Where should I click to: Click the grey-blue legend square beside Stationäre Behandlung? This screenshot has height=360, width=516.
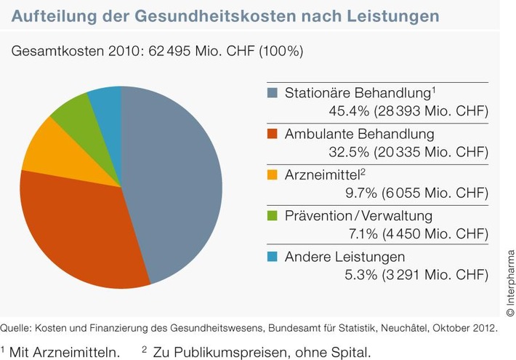point(273,93)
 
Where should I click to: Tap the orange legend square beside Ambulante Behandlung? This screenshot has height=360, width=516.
point(273,135)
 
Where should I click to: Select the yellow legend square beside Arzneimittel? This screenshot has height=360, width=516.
point(273,175)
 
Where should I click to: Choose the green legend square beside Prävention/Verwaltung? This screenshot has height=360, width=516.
point(273,216)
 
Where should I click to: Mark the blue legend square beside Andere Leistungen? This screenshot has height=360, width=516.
point(273,257)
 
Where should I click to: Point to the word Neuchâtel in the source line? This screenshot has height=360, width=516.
point(398,328)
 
